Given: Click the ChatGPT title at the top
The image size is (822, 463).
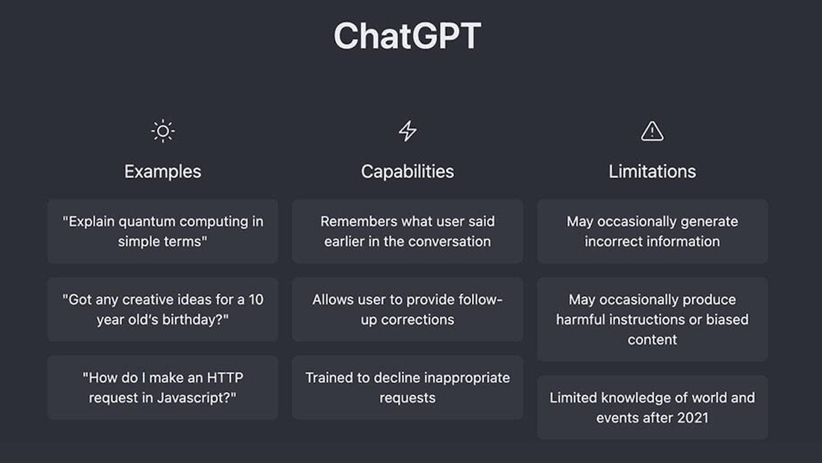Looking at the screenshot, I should pyautogui.click(x=407, y=36).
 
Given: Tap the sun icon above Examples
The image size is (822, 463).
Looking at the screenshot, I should pyautogui.click(x=163, y=131).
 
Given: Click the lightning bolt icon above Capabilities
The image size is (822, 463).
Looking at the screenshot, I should pyautogui.click(x=408, y=131).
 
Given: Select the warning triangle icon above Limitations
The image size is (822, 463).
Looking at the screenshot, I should pyautogui.click(x=652, y=131).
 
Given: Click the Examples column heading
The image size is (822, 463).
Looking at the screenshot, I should pyautogui.click(x=163, y=171).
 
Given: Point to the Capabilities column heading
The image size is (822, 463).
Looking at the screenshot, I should pyautogui.click(x=408, y=171).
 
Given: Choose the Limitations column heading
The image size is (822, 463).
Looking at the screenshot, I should pyautogui.click(x=652, y=171).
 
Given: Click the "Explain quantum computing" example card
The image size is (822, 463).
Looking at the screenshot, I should pyautogui.click(x=163, y=231).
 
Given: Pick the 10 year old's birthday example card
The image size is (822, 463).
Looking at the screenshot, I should pyautogui.click(x=163, y=310).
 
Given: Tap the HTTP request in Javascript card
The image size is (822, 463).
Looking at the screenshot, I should pyautogui.click(x=163, y=388).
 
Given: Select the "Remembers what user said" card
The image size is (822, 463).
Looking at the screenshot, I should pyautogui.click(x=408, y=231).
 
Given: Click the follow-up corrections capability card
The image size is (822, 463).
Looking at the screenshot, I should pyautogui.click(x=408, y=310).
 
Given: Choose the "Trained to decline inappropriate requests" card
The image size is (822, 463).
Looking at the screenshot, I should pyautogui.click(x=408, y=388).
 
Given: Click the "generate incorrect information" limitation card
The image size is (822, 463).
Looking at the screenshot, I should pyautogui.click(x=652, y=231).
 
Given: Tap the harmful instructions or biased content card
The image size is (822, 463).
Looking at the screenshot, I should pyautogui.click(x=652, y=319).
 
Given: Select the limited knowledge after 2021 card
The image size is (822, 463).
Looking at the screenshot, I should pyautogui.click(x=652, y=408).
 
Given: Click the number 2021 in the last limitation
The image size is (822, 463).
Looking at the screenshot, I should pyautogui.click(x=691, y=417).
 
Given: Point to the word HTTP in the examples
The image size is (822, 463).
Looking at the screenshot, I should pyautogui.click(x=224, y=378).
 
